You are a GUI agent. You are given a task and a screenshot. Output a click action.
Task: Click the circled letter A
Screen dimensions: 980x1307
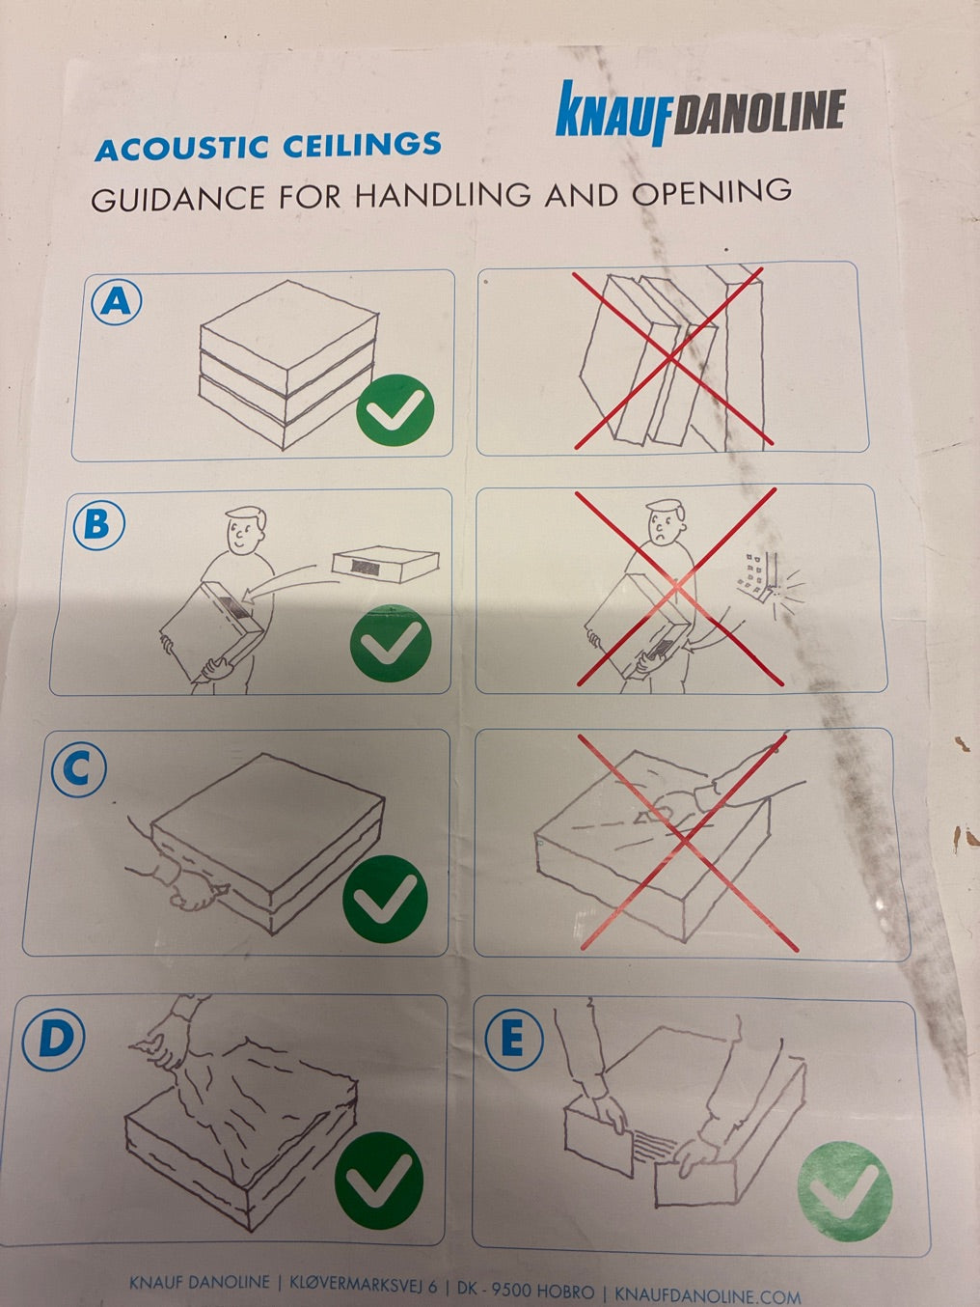tap(116, 302)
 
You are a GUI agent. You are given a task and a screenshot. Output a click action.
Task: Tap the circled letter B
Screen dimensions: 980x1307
tap(98, 524)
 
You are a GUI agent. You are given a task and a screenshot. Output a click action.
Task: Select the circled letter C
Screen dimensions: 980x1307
tap(78, 769)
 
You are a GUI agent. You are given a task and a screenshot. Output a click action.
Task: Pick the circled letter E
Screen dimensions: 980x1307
tap(514, 1039)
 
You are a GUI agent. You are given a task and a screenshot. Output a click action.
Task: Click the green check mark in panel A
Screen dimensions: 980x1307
tap(395, 409)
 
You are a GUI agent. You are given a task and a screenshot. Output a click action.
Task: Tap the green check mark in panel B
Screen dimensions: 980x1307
tap(391, 643)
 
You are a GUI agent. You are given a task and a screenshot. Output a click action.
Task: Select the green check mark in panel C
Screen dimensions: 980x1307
tap(385, 899)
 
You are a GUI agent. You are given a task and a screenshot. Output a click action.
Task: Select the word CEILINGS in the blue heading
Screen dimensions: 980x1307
tap(362, 145)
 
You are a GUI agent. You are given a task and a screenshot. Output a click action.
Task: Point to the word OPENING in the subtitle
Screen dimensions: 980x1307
tap(712, 192)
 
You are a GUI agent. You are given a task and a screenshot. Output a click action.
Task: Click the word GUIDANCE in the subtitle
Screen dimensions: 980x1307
tap(177, 199)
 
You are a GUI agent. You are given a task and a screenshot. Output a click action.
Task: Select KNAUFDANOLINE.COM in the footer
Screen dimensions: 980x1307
tap(707, 1293)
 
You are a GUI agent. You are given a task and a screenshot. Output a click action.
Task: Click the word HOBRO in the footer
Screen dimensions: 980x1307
tap(565, 1290)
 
